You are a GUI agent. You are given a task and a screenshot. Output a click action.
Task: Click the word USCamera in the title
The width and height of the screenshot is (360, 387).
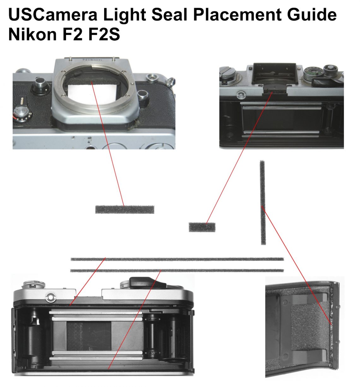point(53,15)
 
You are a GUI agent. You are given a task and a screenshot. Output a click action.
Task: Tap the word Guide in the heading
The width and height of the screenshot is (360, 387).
point(313,15)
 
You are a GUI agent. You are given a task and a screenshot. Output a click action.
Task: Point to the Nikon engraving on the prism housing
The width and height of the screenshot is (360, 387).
point(92,60)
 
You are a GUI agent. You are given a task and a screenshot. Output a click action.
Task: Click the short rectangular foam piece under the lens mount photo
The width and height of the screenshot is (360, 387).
point(124,209)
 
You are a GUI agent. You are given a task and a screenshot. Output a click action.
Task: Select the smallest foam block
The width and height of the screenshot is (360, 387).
point(202,227)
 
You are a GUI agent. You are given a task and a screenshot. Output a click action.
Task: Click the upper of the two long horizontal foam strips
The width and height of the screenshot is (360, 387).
point(177,259)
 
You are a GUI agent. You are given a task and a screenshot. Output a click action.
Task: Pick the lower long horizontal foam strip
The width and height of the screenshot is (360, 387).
point(177,270)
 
